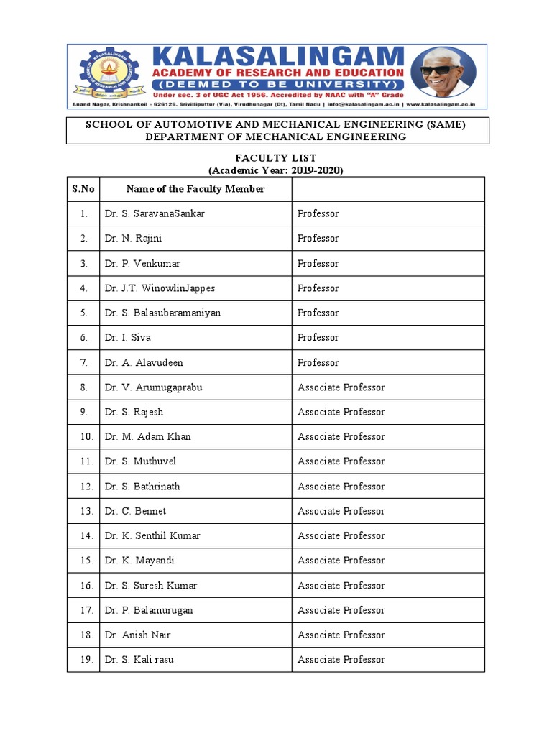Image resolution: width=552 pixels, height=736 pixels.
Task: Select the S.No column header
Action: click(83, 189)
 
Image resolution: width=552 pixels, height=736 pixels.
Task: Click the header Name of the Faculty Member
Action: click(195, 189)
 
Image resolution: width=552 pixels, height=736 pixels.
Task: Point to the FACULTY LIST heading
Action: click(276, 158)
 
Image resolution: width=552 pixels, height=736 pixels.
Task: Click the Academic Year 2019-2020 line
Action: click(276, 170)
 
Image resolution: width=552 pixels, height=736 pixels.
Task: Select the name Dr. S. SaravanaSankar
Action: click(155, 213)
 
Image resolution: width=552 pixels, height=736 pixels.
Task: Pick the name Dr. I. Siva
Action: click(127, 338)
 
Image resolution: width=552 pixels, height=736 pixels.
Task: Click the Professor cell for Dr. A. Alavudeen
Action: click(318, 362)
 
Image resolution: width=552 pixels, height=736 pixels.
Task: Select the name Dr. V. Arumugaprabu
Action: click(153, 387)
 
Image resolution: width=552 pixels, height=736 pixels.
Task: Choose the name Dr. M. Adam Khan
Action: click(147, 437)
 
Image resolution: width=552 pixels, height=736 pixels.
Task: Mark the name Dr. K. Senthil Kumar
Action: click(152, 536)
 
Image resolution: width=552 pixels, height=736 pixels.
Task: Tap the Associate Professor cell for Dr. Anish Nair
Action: click(341, 635)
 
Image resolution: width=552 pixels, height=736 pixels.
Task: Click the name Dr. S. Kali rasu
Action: click(139, 660)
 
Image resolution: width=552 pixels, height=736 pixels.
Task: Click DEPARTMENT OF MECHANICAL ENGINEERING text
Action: click(276, 137)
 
